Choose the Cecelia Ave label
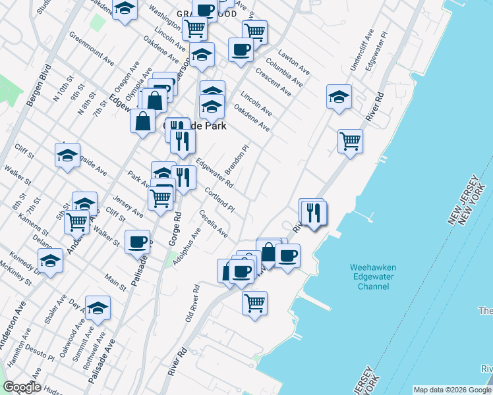[214, 224]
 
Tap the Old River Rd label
[192, 305]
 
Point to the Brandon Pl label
[237, 160]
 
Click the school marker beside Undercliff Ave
[339, 96]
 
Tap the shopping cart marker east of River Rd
[350, 140]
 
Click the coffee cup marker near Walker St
[137, 242]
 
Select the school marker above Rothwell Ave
[98, 308]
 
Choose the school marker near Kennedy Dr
[51, 261]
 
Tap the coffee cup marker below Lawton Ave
[241, 49]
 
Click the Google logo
[21, 387]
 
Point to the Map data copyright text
[451, 389]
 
